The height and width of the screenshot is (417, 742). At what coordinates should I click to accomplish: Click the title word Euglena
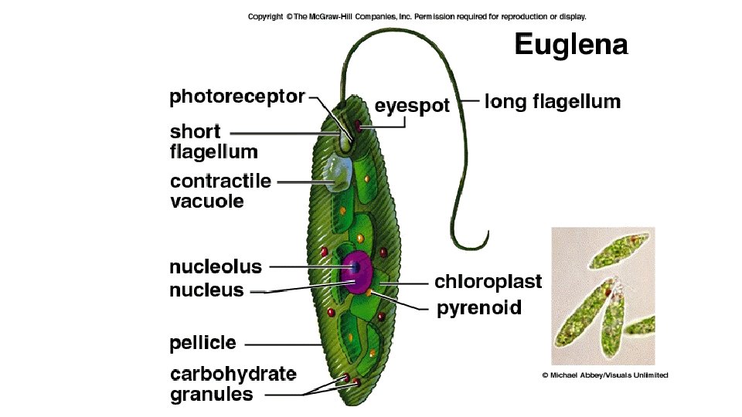pos(571,46)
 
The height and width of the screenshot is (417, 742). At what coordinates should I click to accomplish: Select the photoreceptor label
pos(237,98)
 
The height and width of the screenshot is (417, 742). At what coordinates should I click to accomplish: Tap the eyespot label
pos(411,106)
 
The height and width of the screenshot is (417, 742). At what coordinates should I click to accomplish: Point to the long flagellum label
pos(552,101)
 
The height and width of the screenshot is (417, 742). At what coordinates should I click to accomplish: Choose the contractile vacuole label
pos(220,192)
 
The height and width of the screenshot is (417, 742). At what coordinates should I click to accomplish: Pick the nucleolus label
pos(216,267)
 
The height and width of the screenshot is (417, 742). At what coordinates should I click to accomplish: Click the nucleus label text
pos(206,290)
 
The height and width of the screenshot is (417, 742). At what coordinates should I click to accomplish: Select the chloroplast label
pos(488,281)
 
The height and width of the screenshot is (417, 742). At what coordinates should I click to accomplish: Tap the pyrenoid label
pos(479,309)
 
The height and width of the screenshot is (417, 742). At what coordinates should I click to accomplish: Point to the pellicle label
pos(203,342)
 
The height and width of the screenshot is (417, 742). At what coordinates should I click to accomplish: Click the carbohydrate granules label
pos(232,384)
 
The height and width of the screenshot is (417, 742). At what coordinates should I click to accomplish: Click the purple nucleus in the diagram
pos(358,272)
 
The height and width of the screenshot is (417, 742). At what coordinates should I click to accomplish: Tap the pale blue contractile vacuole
pos(336,173)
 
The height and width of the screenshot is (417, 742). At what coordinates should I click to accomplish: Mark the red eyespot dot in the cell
pos(358,124)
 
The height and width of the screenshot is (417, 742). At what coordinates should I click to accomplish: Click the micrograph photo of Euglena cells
pos(603,296)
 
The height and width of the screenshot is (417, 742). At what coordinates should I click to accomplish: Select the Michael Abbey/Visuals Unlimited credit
pos(604,375)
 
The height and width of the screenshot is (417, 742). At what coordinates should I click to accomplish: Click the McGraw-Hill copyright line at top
pos(417,15)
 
